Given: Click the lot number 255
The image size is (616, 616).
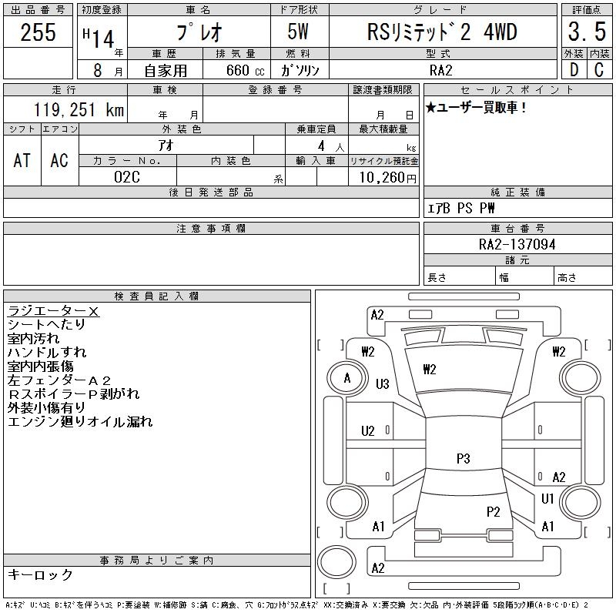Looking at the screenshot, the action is click(x=38, y=32).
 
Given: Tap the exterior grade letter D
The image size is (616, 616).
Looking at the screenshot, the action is click(x=574, y=69).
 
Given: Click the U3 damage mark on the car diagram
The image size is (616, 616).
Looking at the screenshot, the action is click(x=382, y=384).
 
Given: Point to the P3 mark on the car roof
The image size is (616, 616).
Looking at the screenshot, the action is click(x=463, y=459).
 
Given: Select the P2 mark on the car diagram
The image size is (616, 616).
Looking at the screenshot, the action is click(x=493, y=511).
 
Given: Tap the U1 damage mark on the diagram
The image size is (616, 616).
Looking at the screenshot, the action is click(x=547, y=499).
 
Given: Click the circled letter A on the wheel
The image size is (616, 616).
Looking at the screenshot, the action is click(x=347, y=378).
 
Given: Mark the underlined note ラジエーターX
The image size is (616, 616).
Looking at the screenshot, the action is click(x=53, y=312).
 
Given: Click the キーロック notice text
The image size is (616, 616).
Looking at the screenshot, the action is click(x=40, y=575).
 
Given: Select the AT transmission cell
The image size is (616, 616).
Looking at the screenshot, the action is click(x=22, y=161).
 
